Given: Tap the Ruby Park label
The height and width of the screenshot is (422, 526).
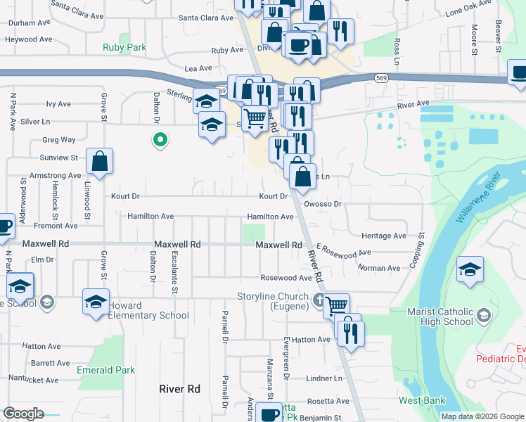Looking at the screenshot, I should (124, 48).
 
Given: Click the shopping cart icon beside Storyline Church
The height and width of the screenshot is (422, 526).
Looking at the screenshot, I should (337, 305).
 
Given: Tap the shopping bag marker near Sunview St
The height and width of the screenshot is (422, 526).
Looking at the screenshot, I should (101, 161).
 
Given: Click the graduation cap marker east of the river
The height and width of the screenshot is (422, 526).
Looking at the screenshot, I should (470, 270).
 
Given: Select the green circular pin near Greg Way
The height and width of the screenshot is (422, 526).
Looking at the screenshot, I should (160, 140).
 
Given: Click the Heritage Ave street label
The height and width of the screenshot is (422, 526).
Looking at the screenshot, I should (384, 236).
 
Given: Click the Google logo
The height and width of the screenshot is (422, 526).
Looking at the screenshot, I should (23, 413).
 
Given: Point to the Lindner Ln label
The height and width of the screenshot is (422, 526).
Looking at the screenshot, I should (323, 378).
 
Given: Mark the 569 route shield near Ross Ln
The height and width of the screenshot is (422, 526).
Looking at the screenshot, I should (381, 77).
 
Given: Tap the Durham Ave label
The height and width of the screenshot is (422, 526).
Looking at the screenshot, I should (30, 23).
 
